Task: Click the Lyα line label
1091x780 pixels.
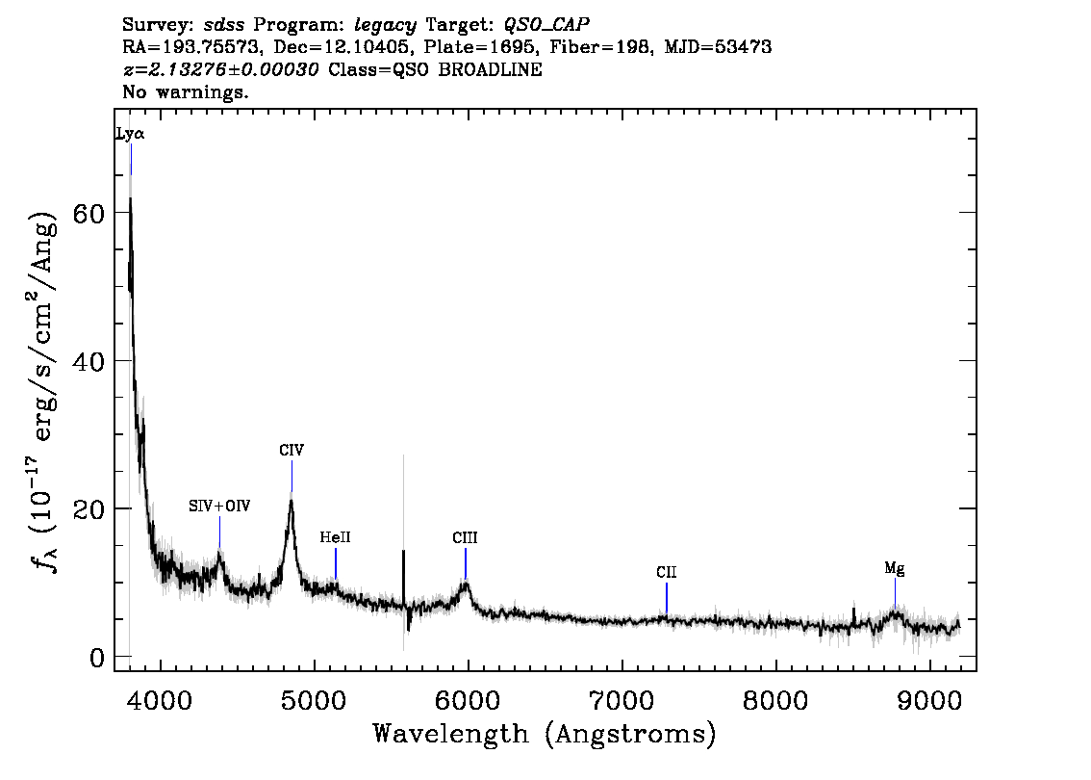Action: pos(130,134)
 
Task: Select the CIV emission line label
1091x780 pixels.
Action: pos(292,450)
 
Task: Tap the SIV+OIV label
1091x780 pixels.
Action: pos(219,507)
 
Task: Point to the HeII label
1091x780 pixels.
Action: pos(336,537)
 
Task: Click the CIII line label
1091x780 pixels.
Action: pos(465,537)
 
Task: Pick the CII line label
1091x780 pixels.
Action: pos(666,572)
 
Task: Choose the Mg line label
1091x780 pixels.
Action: pos(895,569)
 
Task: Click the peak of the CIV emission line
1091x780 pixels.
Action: pos(292,499)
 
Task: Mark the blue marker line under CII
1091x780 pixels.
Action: pos(667,598)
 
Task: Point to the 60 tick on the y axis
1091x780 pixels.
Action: pos(89,213)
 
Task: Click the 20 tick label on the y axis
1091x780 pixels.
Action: pos(89,509)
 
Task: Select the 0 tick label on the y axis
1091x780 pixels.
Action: pos(97,658)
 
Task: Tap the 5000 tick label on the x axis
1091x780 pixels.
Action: pos(315,700)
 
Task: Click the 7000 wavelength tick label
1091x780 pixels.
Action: pos(622,700)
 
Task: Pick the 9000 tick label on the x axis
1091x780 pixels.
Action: pos(929,700)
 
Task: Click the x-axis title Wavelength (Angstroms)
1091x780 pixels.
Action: pos(545,734)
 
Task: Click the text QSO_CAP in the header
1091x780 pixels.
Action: pos(546,25)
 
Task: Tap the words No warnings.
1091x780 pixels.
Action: pos(185,91)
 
